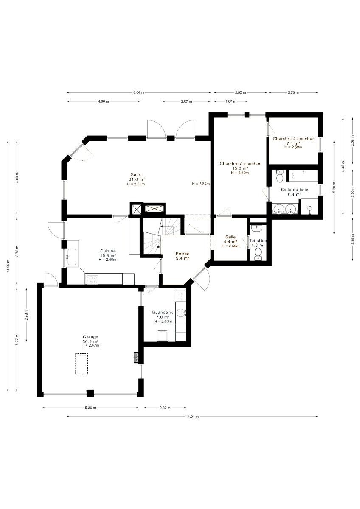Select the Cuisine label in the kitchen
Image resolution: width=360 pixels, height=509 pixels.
[108, 251]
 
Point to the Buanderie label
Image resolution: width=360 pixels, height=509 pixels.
[163, 313]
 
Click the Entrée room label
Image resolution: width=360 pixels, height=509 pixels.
[183, 254]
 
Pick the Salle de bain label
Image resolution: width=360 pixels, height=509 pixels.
[295, 190]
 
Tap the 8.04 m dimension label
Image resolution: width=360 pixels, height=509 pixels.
[139, 92]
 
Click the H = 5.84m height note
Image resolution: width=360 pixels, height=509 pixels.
[201, 184]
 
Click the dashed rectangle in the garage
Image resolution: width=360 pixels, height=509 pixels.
[82, 364]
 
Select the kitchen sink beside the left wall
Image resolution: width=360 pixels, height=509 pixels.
[72, 257]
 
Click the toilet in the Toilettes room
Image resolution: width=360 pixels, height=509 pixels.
[258, 254]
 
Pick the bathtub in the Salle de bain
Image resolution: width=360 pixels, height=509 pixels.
[301, 175]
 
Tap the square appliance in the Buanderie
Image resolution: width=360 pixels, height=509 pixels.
[162, 336]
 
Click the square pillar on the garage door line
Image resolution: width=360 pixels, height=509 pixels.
[90, 393]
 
